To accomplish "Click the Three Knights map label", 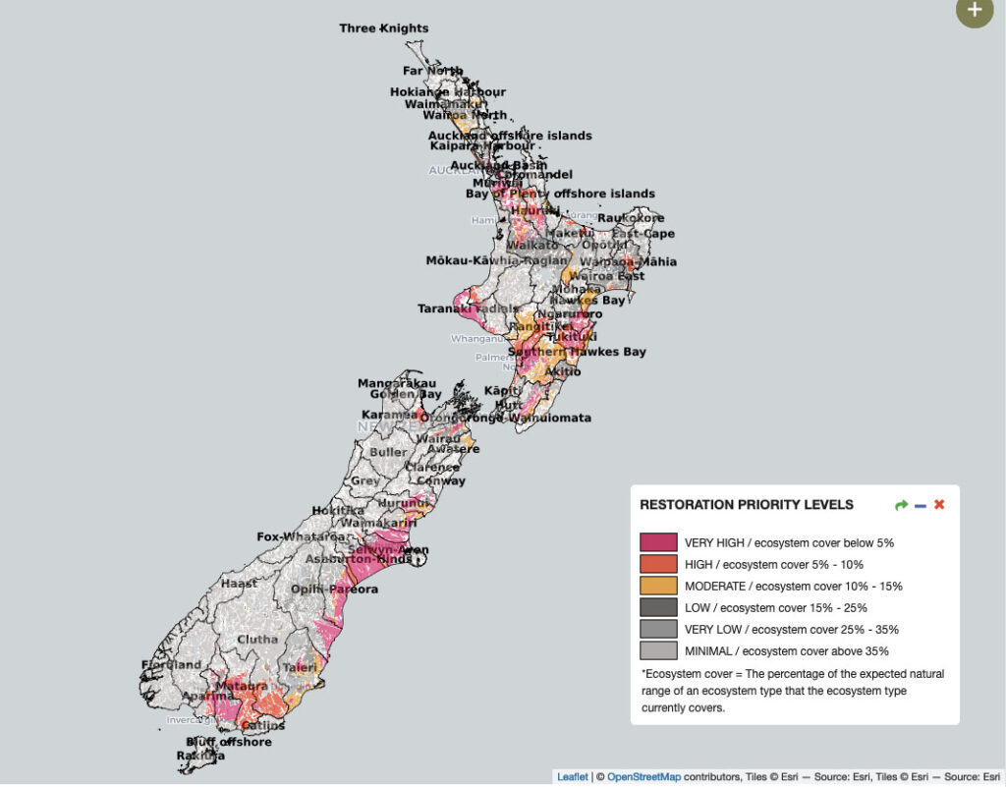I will click(x=384, y=28).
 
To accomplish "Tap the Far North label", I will click(x=432, y=71).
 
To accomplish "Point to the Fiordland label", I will click(x=171, y=665).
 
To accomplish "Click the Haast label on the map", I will click(x=239, y=583).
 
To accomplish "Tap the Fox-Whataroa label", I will click(x=303, y=537).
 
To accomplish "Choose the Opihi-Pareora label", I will click(x=334, y=590).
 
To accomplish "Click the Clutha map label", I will click(x=257, y=639).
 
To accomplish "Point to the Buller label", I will click(x=388, y=453).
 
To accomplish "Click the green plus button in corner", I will click(x=974, y=10).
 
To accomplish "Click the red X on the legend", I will click(x=939, y=505).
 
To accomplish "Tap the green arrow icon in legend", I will click(x=902, y=505).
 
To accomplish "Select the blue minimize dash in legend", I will click(x=921, y=505).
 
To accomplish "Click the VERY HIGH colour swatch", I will click(x=658, y=542).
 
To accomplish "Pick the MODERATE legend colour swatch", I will click(x=658, y=586).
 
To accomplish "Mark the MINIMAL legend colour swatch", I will click(x=658, y=650).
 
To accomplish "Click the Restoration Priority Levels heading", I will click(x=747, y=505).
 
